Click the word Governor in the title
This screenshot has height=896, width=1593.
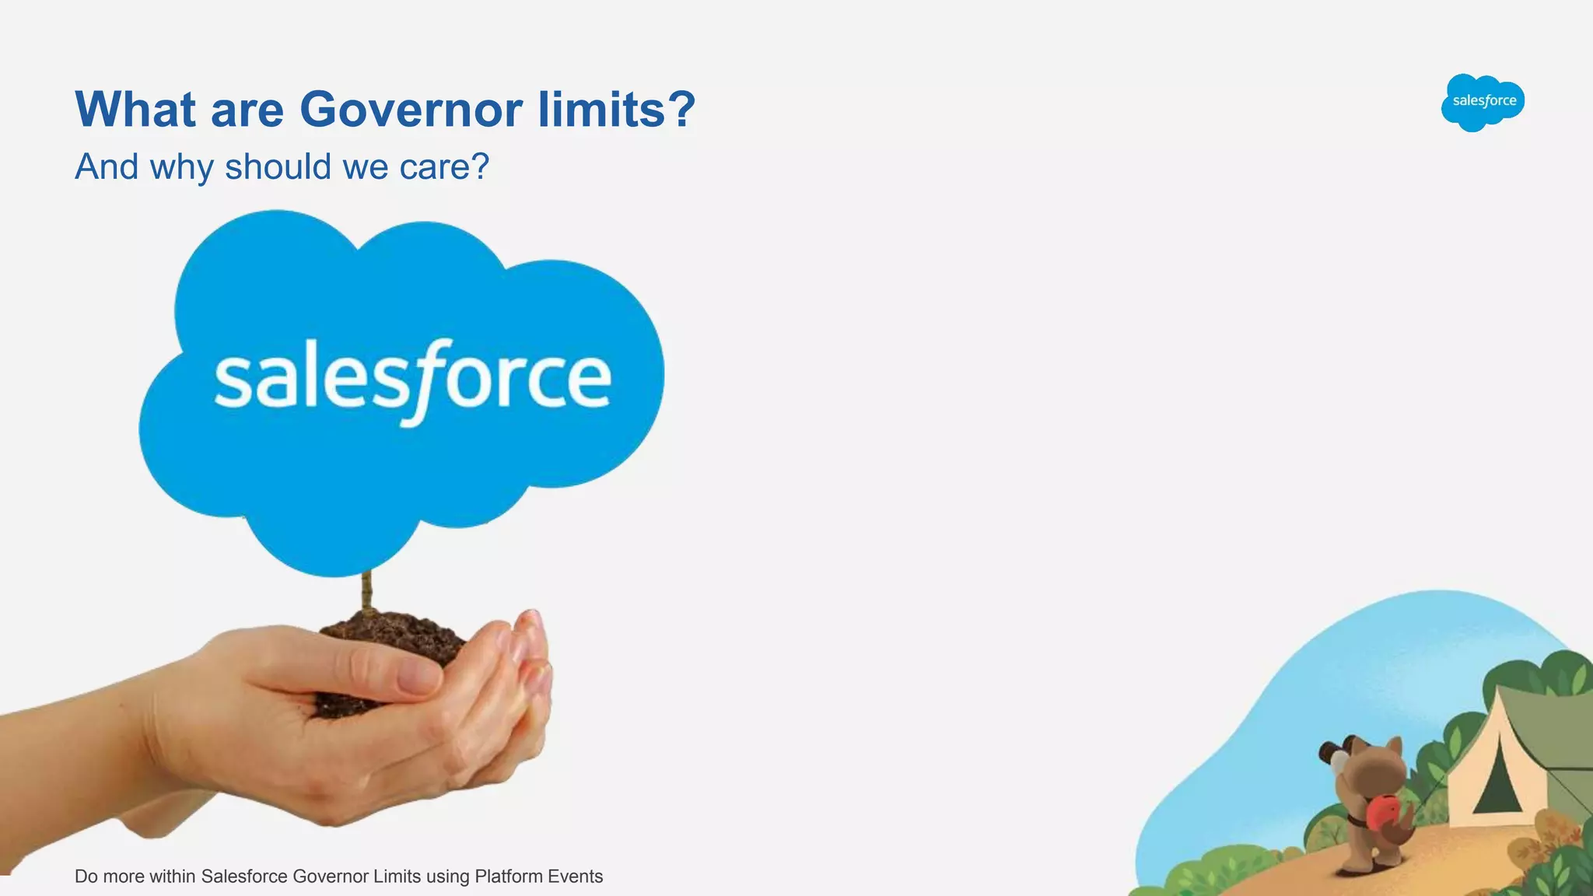(x=411, y=110)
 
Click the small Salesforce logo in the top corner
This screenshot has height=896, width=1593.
(x=1483, y=102)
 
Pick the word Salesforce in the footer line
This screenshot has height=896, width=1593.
(x=244, y=877)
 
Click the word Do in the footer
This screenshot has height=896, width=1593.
(x=86, y=877)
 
